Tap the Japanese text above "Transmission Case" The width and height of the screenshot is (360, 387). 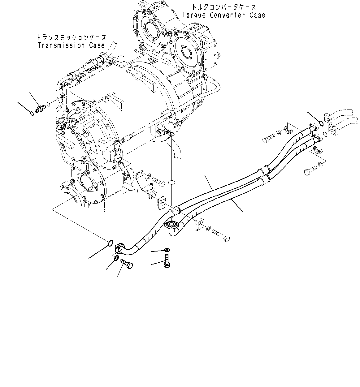pos(71,37)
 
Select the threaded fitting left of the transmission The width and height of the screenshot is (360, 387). pos(40,109)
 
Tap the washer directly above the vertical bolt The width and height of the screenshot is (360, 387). pos(167,250)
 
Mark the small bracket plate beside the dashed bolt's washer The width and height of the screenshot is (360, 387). pos(199,224)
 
